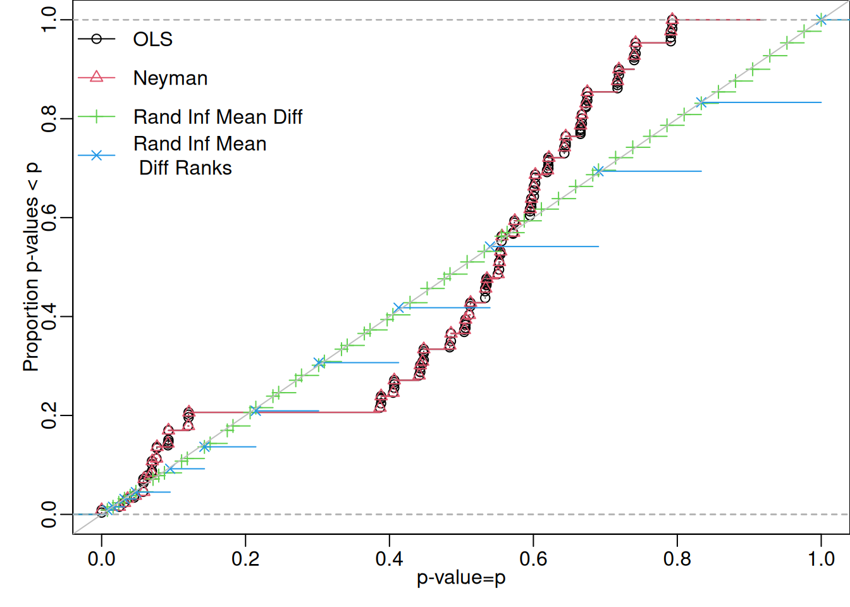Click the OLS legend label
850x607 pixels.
click(x=152, y=39)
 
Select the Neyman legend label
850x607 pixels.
click(x=170, y=78)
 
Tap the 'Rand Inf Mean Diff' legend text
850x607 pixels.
click(x=218, y=117)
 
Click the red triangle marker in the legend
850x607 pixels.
click(x=96, y=77)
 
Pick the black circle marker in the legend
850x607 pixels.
click(x=96, y=39)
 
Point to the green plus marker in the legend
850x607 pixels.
click(x=96, y=117)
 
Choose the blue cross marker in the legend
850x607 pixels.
click(x=96, y=155)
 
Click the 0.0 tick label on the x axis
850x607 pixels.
click(x=101, y=559)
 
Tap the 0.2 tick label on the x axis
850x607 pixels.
click(x=245, y=559)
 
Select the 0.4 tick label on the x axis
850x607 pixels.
click(x=390, y=559)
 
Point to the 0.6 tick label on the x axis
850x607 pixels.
click(x=533, y=559)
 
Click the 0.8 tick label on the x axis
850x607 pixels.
click(x=677, y=559)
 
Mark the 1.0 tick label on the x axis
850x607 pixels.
click(x=821, y=559)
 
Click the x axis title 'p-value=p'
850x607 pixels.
click(x=461, y=578)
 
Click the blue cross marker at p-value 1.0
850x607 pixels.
click(x=821, y=20)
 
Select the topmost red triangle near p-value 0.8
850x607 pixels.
click(x=672, y=18)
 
